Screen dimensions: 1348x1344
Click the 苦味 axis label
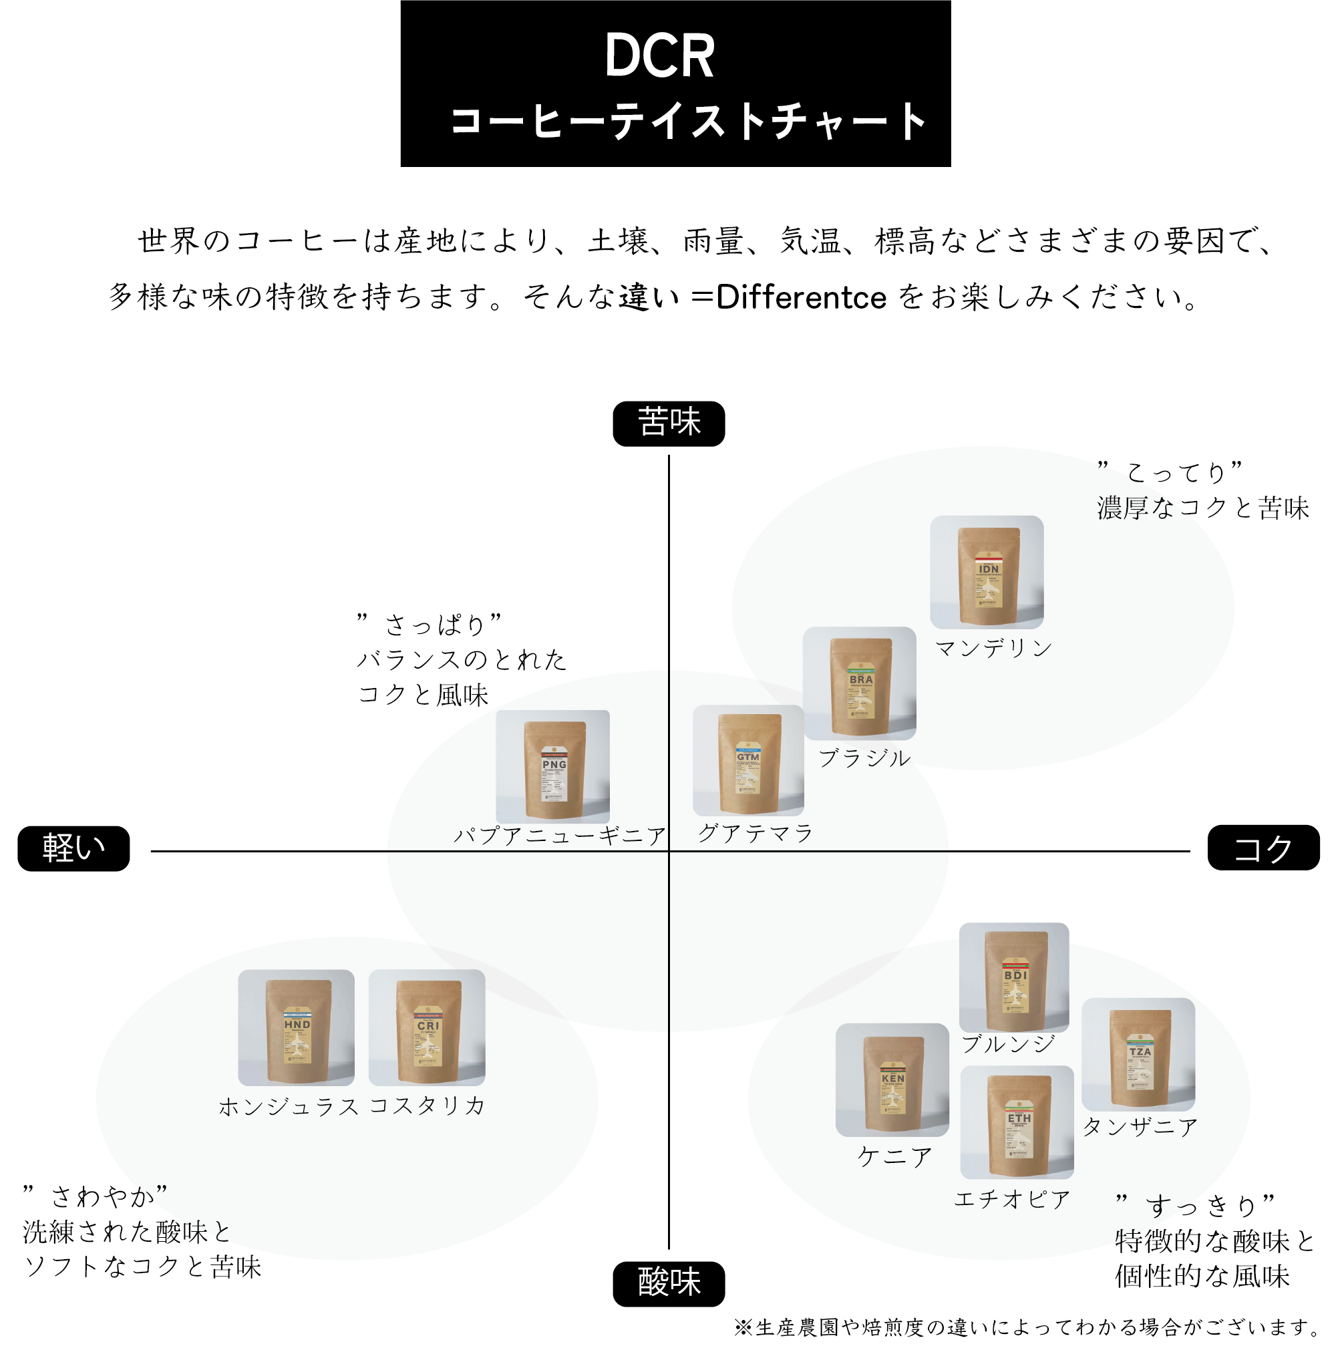[x=668, y=423]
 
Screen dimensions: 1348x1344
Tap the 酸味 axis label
[x=668, y=1283]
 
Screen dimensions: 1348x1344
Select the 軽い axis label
[x=73, y=848]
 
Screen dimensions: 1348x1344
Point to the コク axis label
[x=1263, y=847]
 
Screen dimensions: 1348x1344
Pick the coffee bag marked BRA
[x=860, y=685]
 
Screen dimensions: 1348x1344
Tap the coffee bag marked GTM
[x=748, y=762]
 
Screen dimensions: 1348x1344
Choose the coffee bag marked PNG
[x=553, y=768]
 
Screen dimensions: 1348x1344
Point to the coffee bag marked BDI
[x=1014, y=979]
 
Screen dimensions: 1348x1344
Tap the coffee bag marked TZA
[x=1138, y=1055]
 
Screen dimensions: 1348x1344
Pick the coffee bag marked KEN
[x=892, y=1081]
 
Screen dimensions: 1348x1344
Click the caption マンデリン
[x=993, y=648]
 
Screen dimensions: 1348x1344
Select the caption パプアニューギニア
[x=560, y=835]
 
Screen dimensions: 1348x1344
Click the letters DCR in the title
[x=659, y=56]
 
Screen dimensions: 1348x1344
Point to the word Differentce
[x=801, y=297]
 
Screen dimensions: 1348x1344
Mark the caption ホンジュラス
[x=288, y=1107]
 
